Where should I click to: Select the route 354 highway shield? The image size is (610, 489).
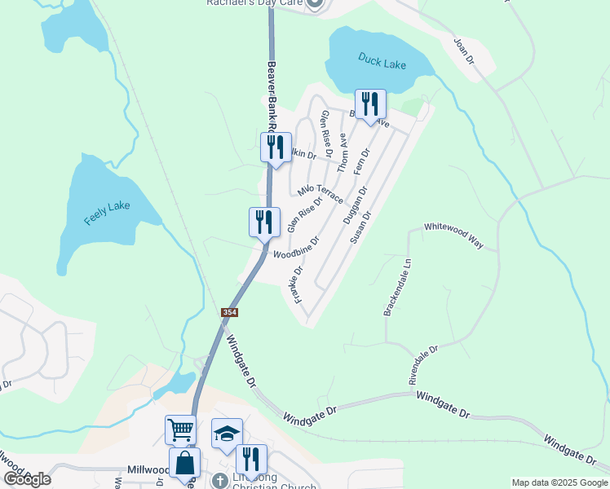pyautogui.click(x=230, y=313)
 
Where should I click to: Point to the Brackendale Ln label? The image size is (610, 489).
pyautogui.click(x=398, y=288)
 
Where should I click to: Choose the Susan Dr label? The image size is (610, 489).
pyautogui.click(x=360, y=227)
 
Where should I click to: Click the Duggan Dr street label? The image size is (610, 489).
pyautogui.click(x=356, y=205)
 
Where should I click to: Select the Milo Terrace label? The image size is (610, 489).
pyautogui.click(x=320, y=192)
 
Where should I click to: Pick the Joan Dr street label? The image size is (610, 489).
pyautogui.click(x=463, y=51)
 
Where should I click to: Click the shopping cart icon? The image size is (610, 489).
pyautogui.click(x=180, y=429)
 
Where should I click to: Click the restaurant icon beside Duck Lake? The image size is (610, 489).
pyautogui.click(x=370, y=104)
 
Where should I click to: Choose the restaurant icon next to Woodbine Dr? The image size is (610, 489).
pyautogui.click(x=264, y=221)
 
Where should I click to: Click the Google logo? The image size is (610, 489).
pyautogui.click(x=27, y=479)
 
